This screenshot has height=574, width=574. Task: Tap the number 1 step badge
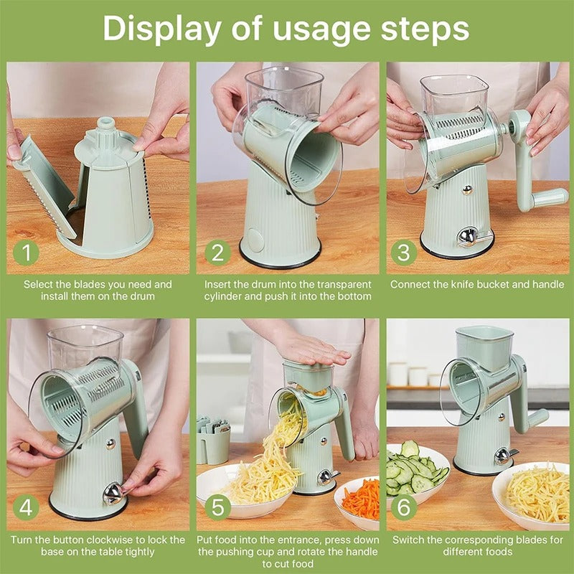(x=27, y=253)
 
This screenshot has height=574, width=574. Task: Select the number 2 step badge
(x=217, y=253)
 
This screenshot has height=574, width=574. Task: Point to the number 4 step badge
(x=27, y=508)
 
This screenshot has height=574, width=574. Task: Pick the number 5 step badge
(x=217, y=508)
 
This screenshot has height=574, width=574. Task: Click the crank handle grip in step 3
(x=551, y=197)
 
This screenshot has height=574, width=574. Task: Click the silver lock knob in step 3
(x=469, y=236)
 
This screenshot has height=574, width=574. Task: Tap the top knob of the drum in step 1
(x=106, y=125)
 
